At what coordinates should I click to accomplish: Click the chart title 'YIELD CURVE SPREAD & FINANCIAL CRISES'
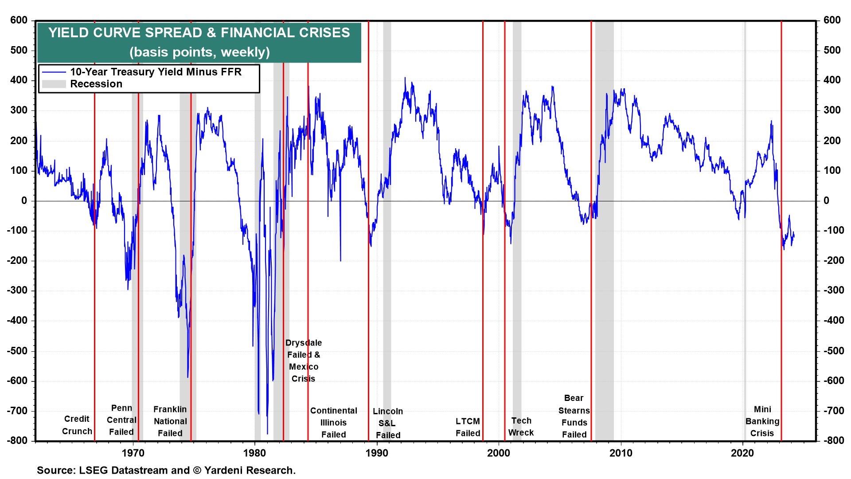click(x=199, y=33)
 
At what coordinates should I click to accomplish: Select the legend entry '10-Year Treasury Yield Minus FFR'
click(x=156, y=72)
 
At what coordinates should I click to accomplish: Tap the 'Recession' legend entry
click(x=96, y=84)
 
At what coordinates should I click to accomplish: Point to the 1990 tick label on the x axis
click(x=377, y=453)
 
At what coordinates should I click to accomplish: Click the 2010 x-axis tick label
click(x=621, y=453)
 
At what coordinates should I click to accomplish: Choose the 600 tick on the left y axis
click(x=19, y=20)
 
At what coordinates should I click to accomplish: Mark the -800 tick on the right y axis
click(x=834, y=440)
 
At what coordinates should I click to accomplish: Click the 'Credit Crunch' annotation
click(x=77, y=425)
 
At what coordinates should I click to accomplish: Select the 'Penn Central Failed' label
click(x=121, y=420)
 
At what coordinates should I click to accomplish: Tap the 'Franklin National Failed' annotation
click(x=170, y=421)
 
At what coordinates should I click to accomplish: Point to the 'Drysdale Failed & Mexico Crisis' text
click(x=304, y=361)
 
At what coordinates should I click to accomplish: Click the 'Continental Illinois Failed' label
click(x=334, y=423)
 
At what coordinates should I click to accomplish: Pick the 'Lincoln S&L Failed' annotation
click(x=388, y=423)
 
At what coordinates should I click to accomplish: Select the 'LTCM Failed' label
click(x=468, y=427)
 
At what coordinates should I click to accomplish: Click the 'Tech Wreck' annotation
click(x=521, y=426)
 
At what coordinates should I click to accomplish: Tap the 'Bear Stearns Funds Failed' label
click(x=574, y=416)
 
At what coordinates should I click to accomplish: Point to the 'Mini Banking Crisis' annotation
click(x=762, y=421)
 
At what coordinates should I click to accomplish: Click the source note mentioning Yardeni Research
click(x=166, y=470)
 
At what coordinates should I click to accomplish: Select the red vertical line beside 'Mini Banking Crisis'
click(x=781, y=310)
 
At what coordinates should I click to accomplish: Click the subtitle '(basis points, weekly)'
click(x=199, y=52)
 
